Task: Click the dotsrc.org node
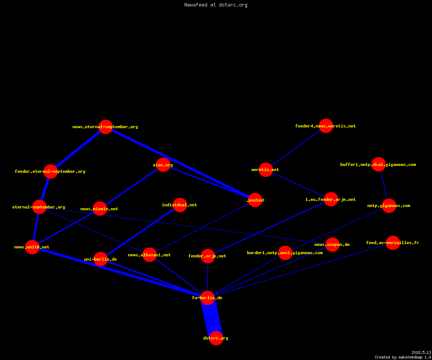(216, 338)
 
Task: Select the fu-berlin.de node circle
(207, 298)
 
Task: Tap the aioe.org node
(163, 165)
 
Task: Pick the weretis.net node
(266, 170)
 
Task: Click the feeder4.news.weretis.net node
(326, 126)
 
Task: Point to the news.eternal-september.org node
(105, 127)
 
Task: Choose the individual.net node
(180, 205)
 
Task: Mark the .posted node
(255, 200)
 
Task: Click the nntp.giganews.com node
(389, 206)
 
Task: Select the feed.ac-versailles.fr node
(393, 243)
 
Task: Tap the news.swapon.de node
(332, 244)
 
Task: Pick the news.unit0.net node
(32, 247)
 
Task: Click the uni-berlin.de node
(100, 259)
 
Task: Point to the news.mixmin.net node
(100, 208)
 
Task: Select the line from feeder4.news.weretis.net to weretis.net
(296, 148)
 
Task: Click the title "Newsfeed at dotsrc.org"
(216, 5)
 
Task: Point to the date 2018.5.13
(421, 352)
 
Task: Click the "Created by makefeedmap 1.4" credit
(403, 357)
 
